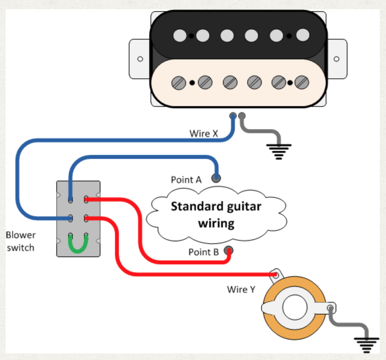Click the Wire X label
[x=204, y=134]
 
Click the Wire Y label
[x=241, y=289]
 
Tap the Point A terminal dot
[x=216, y=178]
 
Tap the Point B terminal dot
[x=229, y=250]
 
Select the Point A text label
[x=186, y=180]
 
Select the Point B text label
[x=203, y=252]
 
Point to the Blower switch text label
[x=20, y=241]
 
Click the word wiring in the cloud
[x=216, y=223]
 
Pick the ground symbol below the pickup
[x=279, y=151]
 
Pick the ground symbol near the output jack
[x=366, y=345]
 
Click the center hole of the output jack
[x=294, y=308]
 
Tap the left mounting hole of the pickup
[x=140, y=59]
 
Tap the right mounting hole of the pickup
[x=336, y=59]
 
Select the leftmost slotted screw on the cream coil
[x=179, y=82]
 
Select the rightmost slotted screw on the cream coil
[x=302, y=82]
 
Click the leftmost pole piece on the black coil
[x=180, y=35]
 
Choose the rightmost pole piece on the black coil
[x=303, y=35]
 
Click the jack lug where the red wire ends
[x=276, y=274]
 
